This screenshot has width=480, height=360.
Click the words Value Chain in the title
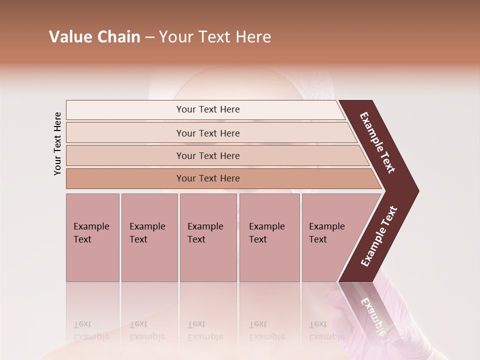[94, 37]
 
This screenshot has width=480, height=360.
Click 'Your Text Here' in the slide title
[215, 37]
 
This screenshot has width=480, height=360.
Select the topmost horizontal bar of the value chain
[208, 109]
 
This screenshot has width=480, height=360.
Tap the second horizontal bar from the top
[208, 133]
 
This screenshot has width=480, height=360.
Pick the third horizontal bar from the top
[208, 156]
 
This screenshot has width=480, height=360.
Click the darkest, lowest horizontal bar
[208, 178]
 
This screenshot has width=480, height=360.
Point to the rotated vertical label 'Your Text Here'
[57, 143]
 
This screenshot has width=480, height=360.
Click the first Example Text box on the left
[92, 237]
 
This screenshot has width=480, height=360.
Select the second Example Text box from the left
[149, 237]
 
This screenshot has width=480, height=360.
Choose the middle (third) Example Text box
[207, 237]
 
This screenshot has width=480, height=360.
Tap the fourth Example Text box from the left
[269, 237]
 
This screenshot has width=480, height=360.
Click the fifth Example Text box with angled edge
[330, 237]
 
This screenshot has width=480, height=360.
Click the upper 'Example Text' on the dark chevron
[377, 142]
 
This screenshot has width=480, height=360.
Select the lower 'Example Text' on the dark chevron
[379, 236]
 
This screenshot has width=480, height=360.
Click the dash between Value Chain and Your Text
[149, 37]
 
